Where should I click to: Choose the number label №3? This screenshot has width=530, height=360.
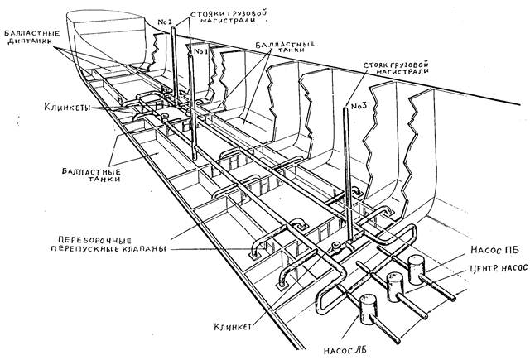point(358,105)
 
